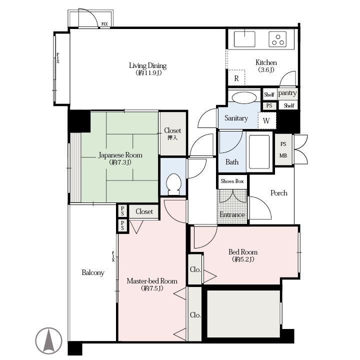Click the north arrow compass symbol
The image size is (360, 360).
[48, 340]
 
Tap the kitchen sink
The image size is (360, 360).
[244, 39]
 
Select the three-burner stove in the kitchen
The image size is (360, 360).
[278, 39]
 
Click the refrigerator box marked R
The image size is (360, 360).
[236, 78]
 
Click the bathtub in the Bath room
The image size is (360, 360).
[259, 151]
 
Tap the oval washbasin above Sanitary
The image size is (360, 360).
[244, 97]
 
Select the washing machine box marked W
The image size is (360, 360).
[267, 120]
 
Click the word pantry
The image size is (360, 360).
[287, 93]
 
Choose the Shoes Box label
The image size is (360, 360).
[232, 181]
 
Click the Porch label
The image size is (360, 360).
[278, 193]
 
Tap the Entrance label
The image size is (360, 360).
[232, 214]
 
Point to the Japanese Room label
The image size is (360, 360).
[120, 155]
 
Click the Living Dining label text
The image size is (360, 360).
[147, 65]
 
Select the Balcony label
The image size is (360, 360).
[93, 272]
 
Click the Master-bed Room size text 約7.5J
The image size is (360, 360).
[152, 288]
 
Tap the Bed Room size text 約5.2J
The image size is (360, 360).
[243, 259]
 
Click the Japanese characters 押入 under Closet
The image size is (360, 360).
[172, 137]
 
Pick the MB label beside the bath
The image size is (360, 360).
[283, 155]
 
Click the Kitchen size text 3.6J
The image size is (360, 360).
[266, 69]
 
